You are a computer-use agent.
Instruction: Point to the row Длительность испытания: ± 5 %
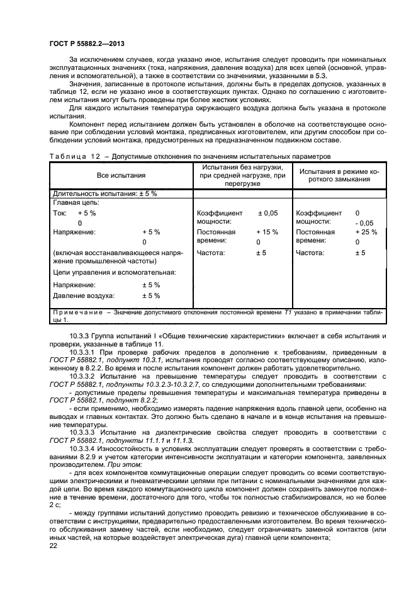tap(105, 193)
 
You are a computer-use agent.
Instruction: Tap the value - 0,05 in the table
tap(364, 222)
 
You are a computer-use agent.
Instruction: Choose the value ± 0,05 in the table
tap(267, 213)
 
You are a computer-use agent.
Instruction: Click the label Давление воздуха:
tap(83, 295)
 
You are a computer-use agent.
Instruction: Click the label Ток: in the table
tap(60, 213)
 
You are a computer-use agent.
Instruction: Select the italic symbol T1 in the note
tap(288, 312)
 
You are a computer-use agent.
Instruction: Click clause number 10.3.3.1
tap(84, 352)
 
